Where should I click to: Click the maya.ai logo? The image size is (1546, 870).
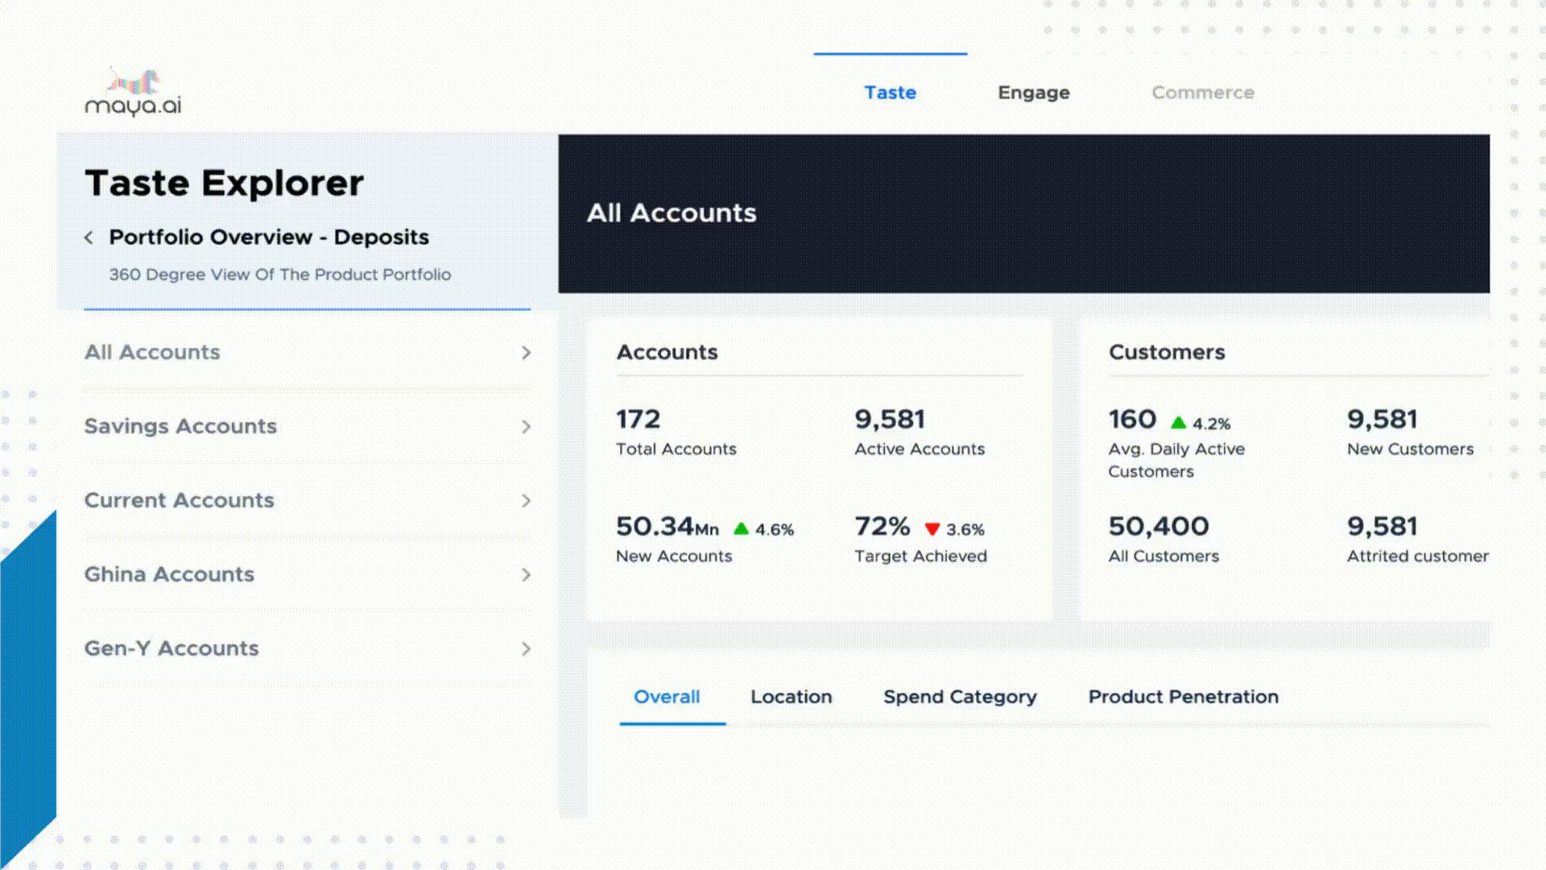point(133,93)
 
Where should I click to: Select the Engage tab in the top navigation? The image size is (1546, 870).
point(1033,93)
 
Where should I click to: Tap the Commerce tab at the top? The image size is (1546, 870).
point(1202,93)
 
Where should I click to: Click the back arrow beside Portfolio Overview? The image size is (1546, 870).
point(89,238)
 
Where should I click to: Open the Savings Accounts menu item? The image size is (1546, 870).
point(180,426)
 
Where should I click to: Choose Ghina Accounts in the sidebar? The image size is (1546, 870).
point(169,574)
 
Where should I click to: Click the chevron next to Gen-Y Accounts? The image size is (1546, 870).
point(526,649)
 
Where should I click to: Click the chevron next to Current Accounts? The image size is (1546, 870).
point(526,501)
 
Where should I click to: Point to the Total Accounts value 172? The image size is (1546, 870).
point(638,419)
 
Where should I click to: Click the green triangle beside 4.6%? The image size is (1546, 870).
point(741,529)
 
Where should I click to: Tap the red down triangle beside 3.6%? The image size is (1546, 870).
point(932,529)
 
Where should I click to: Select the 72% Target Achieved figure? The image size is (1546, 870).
point(882,527)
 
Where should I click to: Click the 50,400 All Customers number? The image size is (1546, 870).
point(1158,527)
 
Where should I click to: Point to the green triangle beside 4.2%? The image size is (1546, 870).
point(1178,423)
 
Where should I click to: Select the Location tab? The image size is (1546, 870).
point(791,697)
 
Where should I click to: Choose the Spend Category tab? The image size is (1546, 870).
point(959,697)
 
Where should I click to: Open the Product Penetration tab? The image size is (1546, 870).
point(1183,697)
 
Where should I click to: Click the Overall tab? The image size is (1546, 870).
point(667,697)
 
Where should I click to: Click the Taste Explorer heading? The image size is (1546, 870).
point(224,183)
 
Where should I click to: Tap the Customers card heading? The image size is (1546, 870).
point(1166,352)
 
